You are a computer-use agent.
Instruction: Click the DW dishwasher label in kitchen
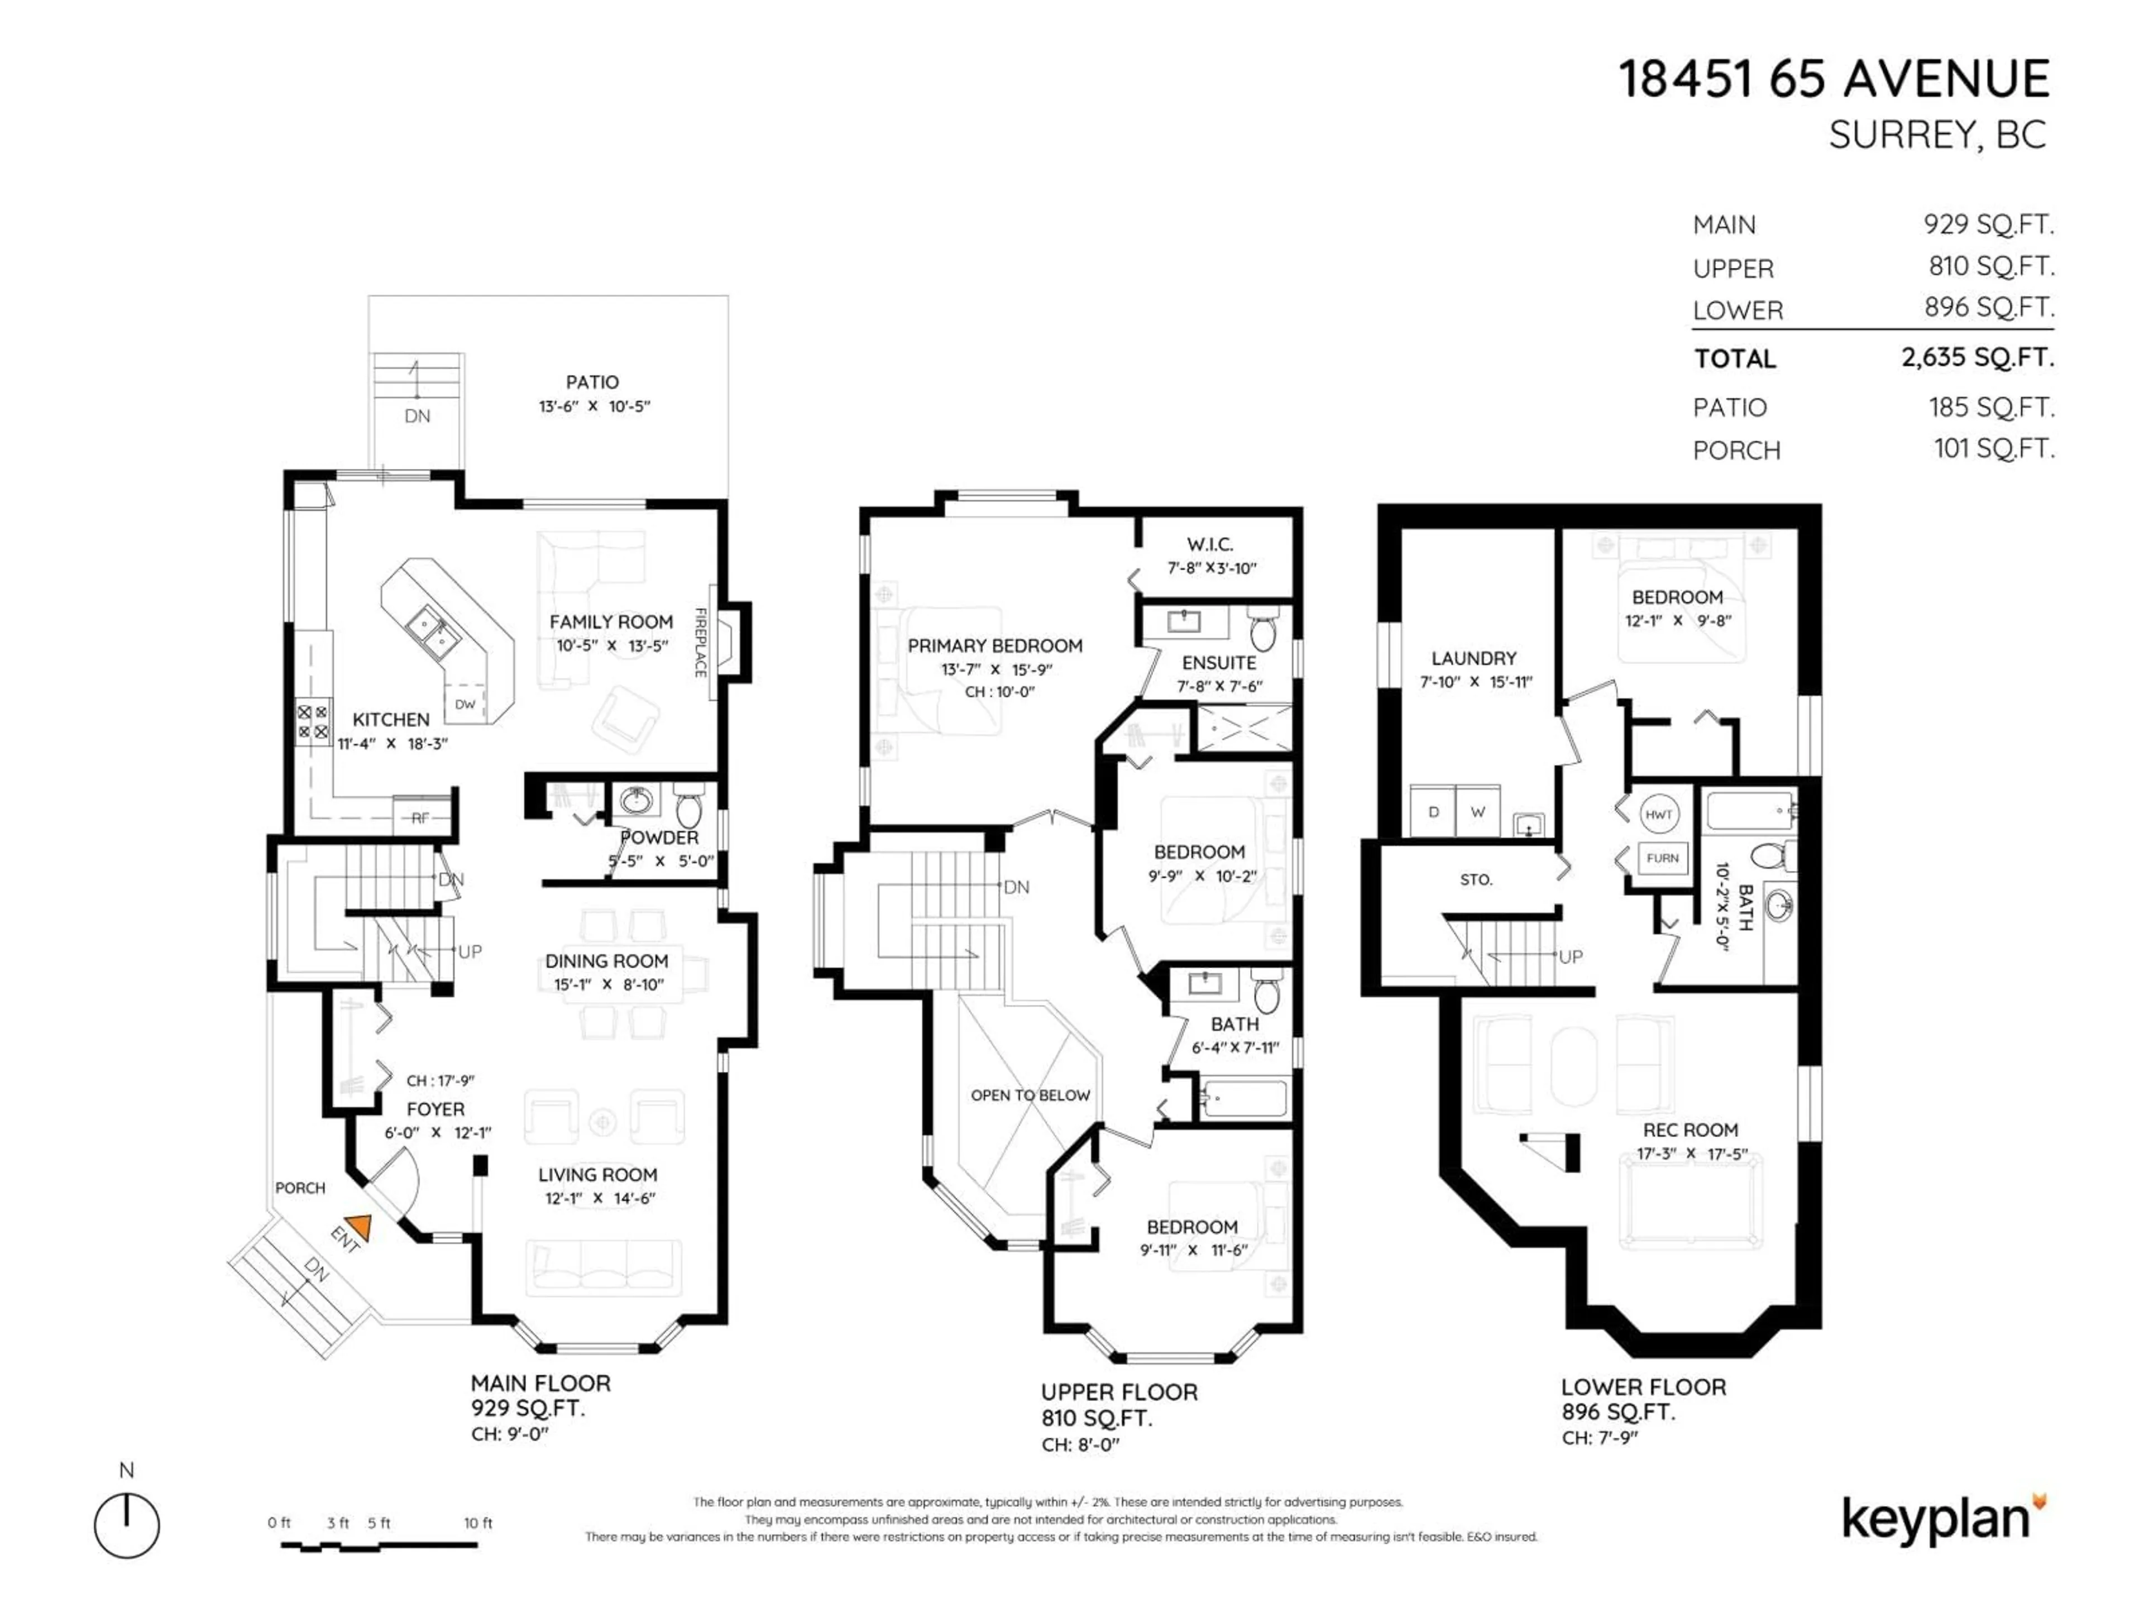click(465, 705)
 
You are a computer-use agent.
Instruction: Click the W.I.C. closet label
click(1210, 545)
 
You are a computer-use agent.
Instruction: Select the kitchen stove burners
click(312, 722)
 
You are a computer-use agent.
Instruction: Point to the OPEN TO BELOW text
click(1030, 1095)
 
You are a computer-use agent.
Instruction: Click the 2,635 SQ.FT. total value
click(1976, 358)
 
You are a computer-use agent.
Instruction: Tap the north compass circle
click(127, 1525)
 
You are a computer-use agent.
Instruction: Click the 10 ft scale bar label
click(478, 1523)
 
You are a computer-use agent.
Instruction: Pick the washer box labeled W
click(1477, 812)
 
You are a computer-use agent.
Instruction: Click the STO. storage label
click(1476, 880)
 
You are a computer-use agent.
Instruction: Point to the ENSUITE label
click(1218, 663)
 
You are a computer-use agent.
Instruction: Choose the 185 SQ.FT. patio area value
click(1991, 407)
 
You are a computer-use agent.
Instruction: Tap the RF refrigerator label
click(420, 818)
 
